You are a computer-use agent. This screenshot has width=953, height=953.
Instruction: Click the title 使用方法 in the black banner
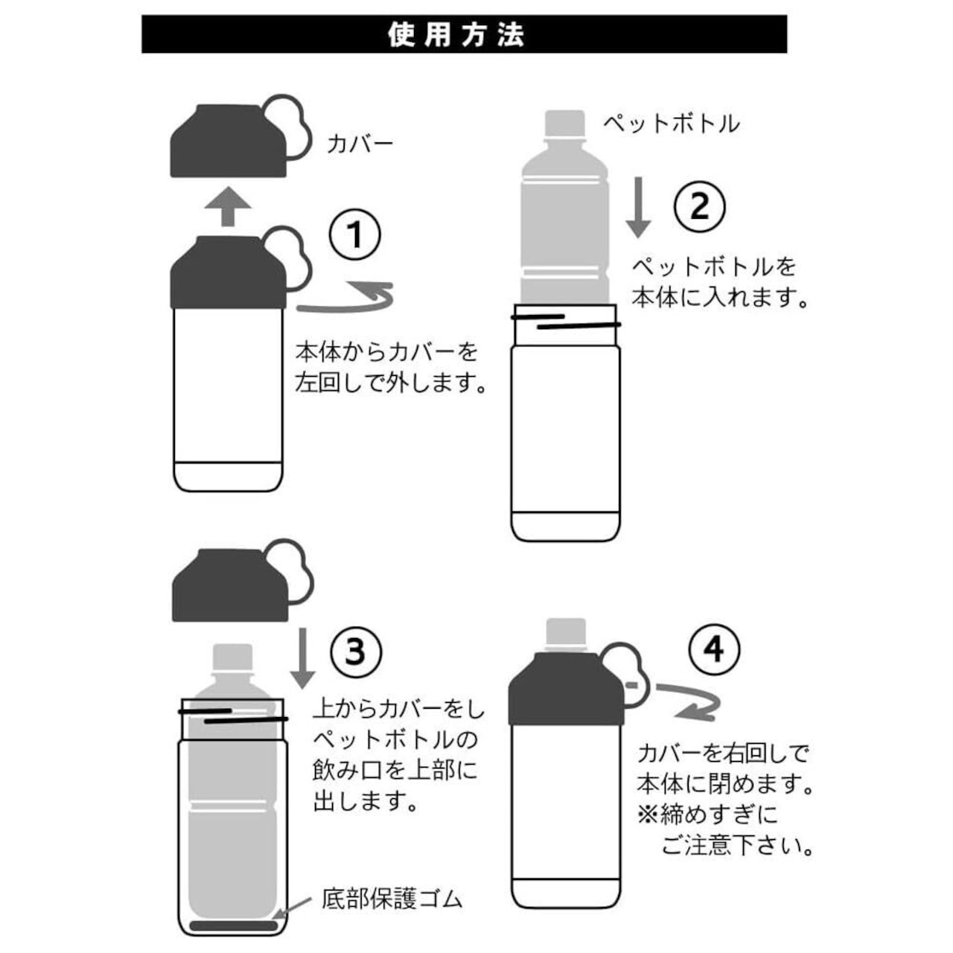(x=456, y=34)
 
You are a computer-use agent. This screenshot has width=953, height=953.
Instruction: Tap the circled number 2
(x=699, y=205)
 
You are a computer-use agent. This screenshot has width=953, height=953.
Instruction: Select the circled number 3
(x=355, y=651)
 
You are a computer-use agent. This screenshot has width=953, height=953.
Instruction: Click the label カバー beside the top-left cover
(x=360, y=143)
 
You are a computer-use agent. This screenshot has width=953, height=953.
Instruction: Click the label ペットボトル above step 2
(x=671, y=123)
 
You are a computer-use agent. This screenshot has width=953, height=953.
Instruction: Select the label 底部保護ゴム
(x=392, y=899)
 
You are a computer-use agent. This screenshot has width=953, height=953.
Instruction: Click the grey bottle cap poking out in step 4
(x=566, y=634)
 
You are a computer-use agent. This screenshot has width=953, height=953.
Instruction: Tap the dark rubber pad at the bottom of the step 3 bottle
(x=234, y=925)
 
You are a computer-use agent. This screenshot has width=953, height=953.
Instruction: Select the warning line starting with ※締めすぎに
(x=707, y=815)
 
